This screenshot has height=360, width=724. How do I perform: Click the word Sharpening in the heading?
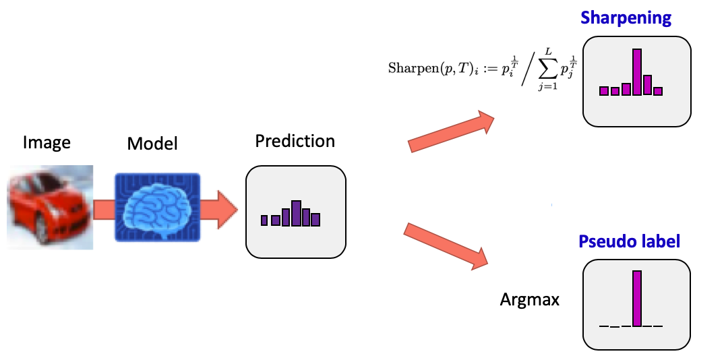626,18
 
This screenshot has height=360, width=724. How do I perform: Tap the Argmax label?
530,299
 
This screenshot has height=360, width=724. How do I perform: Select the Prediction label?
295,142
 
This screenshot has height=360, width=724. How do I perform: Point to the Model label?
152,144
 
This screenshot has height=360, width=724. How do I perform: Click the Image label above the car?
47,143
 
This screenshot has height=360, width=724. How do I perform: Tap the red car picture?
51,207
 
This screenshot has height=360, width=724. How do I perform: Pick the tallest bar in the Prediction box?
295,212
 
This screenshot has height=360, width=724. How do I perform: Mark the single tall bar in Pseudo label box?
636,298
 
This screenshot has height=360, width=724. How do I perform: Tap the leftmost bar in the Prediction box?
264,220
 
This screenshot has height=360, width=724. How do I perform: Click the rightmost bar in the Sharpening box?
658,91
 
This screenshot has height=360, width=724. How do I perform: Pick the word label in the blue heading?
658,241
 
